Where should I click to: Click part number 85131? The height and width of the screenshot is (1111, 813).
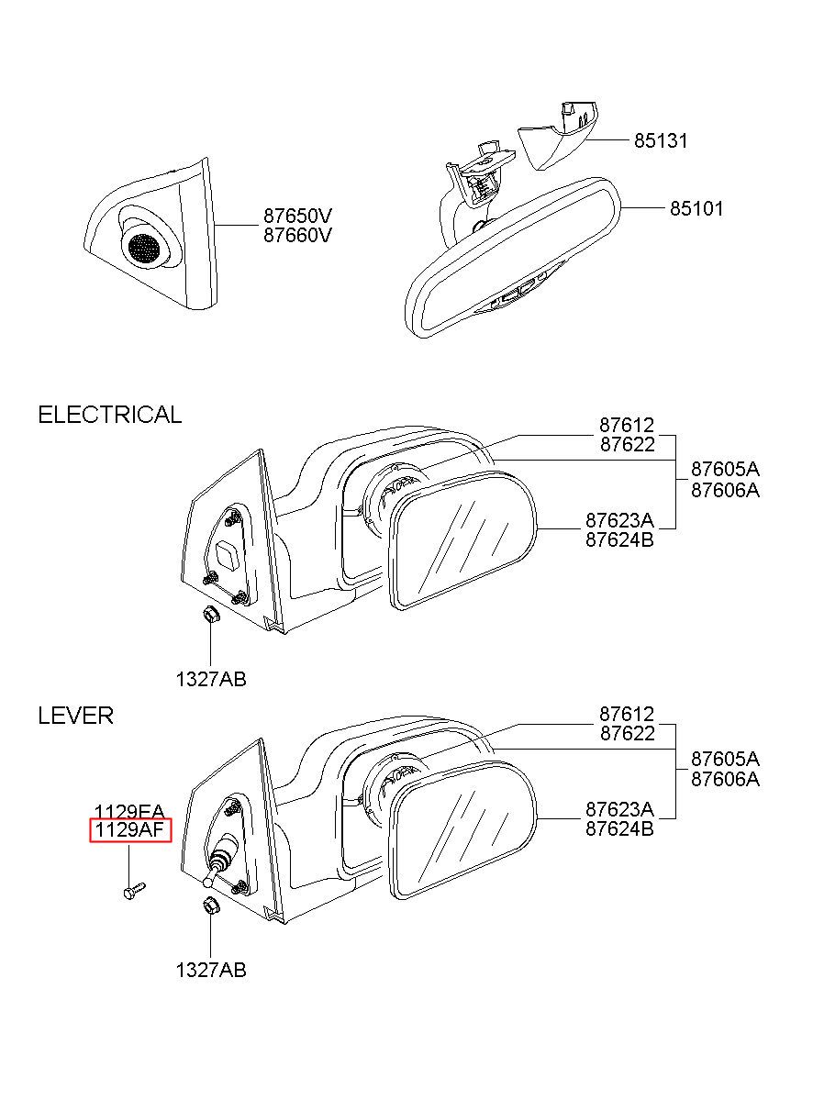click(x=661, y=141)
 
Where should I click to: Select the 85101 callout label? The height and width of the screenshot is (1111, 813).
click(x=696, y=208)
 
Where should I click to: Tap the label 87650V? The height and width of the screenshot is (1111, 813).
click(x=297, y=216)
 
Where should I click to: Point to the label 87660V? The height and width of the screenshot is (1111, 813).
click(x=297, y=235)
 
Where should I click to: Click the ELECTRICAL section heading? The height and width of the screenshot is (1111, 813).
click(x=109, y=415)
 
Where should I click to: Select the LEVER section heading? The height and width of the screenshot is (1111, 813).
click(x=76, y=716)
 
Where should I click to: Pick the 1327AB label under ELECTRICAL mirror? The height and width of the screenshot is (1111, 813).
click(x=211, y=679)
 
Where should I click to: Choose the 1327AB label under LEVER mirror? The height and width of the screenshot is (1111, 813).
click(x=211, y=970)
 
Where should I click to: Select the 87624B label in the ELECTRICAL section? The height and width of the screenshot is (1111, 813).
click(x=619, y=539)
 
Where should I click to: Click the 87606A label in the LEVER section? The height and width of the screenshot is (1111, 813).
click(x=725, y=780)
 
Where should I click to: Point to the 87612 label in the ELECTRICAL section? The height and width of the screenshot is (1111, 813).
click(x=627, y=425)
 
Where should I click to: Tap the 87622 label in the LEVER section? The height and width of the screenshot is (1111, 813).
click(x=627, y=733)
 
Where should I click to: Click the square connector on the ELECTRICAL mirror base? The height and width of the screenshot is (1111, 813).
click(x=228, y=555)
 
